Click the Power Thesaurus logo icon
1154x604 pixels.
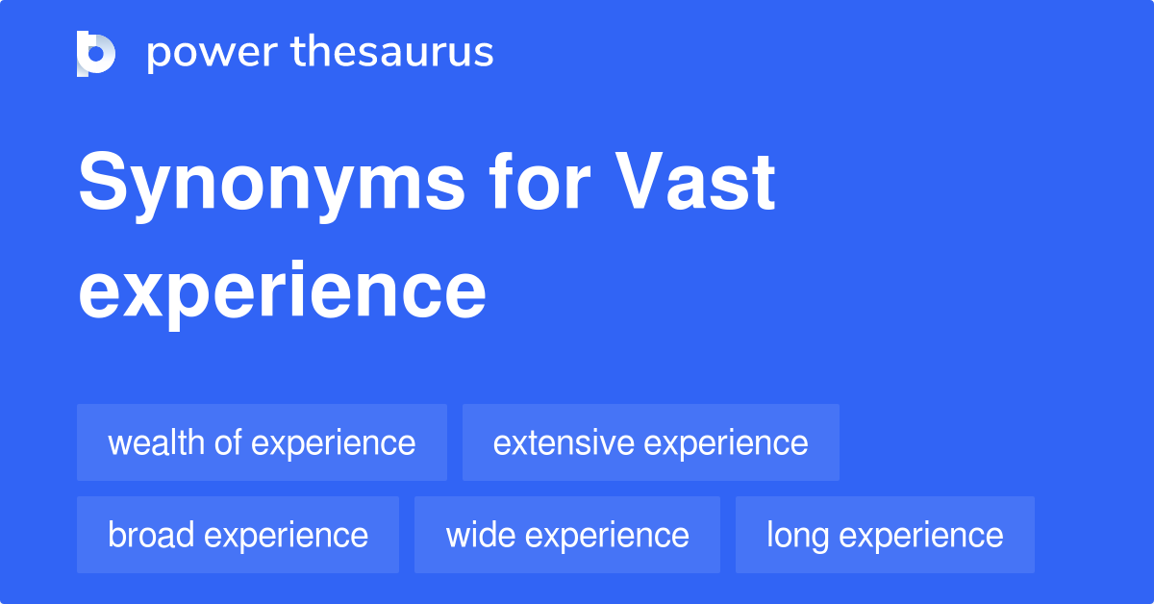(x=96, y=53)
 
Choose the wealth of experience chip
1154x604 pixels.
(x=262, y=442)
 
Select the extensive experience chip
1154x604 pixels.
(x=650, y=442)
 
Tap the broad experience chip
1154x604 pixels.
(x=238, y=535)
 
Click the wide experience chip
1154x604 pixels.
(x=566, y=535)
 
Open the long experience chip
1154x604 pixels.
(x=885, y=535)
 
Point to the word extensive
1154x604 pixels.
(x=564, y=442)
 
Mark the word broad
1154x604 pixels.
(x=151, y=535)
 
